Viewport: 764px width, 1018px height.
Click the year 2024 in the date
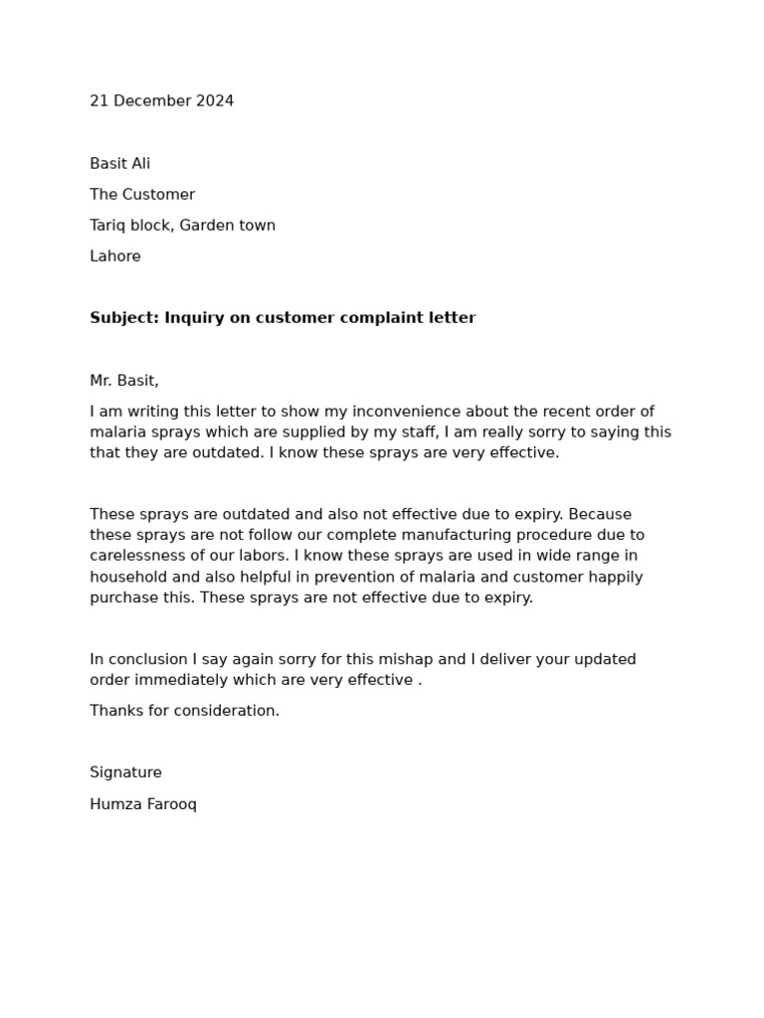pyautogui.click(x=215, y=101)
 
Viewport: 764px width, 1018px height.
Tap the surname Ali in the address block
pyautogui.click(x=139, y=164)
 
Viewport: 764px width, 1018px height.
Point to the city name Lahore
pyautogui.click(x=115, y=256)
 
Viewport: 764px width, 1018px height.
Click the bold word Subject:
pyautogui.click(x=124, y=318)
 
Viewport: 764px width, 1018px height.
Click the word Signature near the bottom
pyautogui.click(x=125, y=772)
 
